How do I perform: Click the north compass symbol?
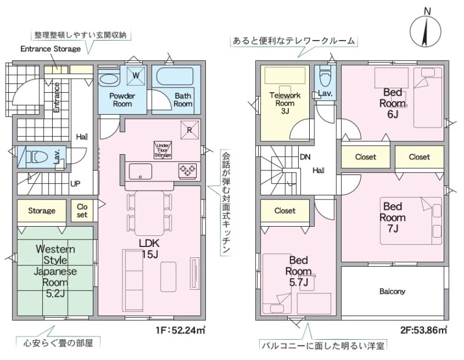pos(426,31)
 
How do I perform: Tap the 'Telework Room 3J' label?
pos(285,103)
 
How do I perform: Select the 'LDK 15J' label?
pos(150,249)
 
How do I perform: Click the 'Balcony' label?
pos(392,292)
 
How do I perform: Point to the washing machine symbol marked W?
pos(136,75)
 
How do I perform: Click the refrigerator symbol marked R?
pos(190,130)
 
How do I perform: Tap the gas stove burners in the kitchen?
pos(187,170)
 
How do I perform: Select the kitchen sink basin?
pos(140,172)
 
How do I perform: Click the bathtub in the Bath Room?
pos(175,77)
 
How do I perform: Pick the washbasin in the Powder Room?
pos(108,79)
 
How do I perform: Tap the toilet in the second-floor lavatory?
pos(325,74)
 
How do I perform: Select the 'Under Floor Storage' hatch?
pos(163,150)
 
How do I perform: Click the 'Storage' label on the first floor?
pos(42,210)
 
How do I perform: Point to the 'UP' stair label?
pos(75,184)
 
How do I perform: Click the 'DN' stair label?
pos(305,157)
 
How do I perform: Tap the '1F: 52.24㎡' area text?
pos(181,330)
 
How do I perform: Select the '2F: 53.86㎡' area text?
pos(423,329)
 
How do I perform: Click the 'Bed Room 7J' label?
pos(393,217)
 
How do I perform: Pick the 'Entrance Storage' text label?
pos(50,49)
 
